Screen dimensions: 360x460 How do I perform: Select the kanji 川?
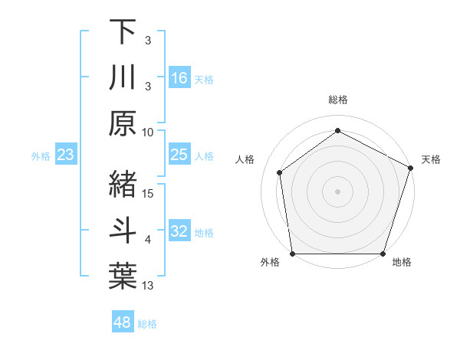[x=123, y=77]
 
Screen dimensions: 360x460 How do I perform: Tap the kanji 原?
[x=123, y=123]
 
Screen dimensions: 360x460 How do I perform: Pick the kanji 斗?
[x=123, y=229]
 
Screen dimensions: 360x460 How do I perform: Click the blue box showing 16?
[x=179, y=78]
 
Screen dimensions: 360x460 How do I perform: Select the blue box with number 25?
[x=179, y=155]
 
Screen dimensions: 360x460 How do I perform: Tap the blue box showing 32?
[x=179, y=232]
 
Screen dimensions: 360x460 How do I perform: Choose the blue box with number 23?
[x=66, y=155]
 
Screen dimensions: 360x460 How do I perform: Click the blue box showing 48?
[x=123, y=322]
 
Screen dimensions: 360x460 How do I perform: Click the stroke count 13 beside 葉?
[x=148, y=286]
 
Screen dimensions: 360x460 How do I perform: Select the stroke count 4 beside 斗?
[x=148, y=240]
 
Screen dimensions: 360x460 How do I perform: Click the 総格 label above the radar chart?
[x=337, y=100]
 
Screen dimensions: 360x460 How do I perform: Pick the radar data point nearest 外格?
[x=292, y=254]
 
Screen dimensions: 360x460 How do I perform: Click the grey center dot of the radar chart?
[x=337, y=191]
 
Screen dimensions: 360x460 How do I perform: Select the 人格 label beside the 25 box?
[x=204, y=155]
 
